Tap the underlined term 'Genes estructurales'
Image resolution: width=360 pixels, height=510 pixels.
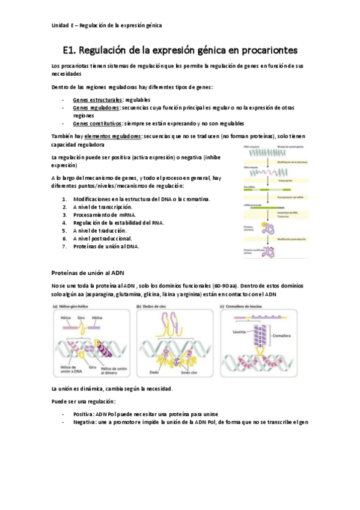pos(98,99)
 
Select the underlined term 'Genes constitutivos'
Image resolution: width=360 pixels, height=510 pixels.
pos(97,123)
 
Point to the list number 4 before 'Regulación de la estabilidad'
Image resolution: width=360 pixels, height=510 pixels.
pos(64,223)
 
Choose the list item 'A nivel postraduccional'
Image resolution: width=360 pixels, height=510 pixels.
pos(103,238)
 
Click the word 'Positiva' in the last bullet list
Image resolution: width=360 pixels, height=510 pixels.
pos(84,414)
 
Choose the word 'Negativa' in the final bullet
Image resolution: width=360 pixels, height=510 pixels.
pos(85,422)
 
